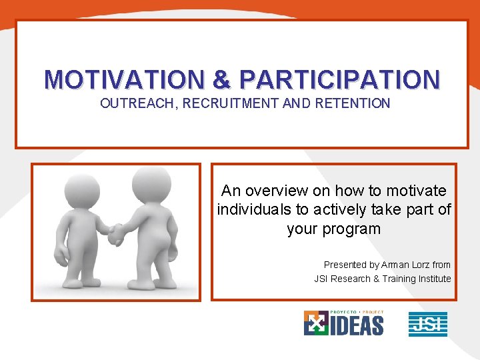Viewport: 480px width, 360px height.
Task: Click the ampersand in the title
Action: [221, 79]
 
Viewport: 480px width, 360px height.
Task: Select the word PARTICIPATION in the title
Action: [339, 79]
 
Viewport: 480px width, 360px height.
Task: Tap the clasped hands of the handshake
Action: [116, 233]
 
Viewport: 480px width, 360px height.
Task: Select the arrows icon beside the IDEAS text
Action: [315, 323]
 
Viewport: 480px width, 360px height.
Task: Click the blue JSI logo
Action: [427, 324]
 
